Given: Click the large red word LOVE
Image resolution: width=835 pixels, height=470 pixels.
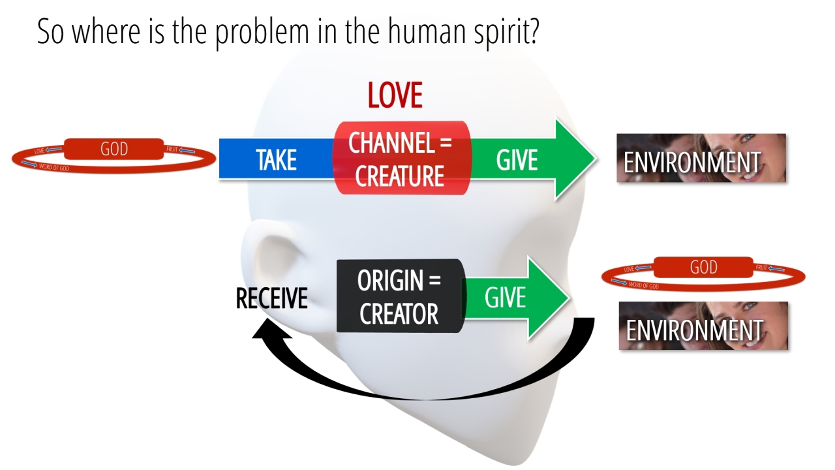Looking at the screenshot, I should pos(395,95).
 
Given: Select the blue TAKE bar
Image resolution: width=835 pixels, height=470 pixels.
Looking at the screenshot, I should pos(275,159).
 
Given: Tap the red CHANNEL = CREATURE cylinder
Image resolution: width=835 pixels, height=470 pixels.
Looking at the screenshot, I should pos(401,158).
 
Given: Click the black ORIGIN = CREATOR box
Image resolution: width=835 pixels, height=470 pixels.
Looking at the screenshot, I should pos(399,296).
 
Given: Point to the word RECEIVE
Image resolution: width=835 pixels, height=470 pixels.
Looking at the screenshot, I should pos(271,298).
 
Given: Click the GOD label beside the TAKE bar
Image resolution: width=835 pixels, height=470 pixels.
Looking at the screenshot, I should pos(114,149).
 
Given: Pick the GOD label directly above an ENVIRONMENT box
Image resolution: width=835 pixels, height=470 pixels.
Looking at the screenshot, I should pos(703,268).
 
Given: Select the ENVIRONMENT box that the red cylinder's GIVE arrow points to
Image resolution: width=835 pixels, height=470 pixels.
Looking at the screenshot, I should pos(701,159).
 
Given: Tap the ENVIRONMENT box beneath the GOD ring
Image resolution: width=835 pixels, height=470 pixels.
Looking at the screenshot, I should pos(703,326).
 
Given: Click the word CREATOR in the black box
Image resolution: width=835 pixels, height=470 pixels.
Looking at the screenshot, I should pos(399,315).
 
